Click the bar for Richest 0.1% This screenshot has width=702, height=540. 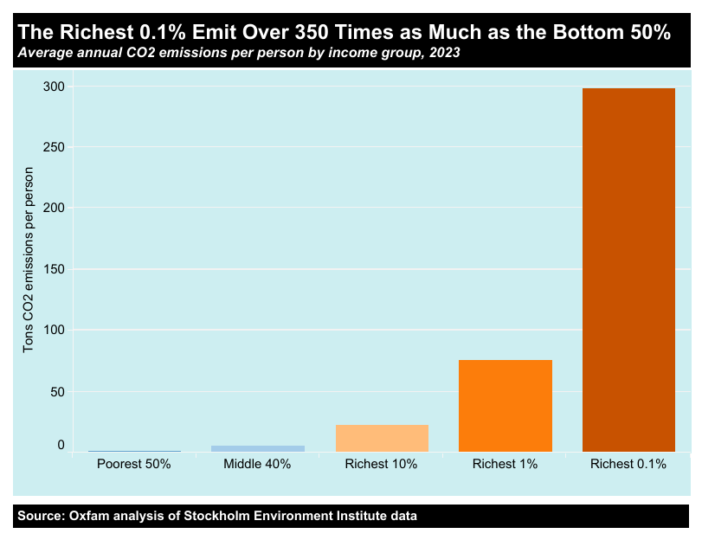click(x=628, y=269)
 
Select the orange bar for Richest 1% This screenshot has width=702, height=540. click(x=505, y=405)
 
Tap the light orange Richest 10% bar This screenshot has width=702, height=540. click(x=382, y=438)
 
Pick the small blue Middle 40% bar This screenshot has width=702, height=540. click(x=258, y=448)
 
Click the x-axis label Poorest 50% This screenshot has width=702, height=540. click(x=134, y=464)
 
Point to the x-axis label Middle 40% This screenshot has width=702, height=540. click(x=258, y=464)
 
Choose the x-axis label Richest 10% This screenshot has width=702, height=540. click(x=382, y=464)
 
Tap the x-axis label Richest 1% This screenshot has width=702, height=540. click(x=505, y=464)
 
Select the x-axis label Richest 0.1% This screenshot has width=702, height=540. click(x=628, y=464)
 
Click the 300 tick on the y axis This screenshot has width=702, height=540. click(x=54, y=86)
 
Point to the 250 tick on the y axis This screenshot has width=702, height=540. click(x=54, y=147)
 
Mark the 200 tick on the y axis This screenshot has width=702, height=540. click(x=54, y=208)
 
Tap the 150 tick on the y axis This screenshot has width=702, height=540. click(x=54, y=269)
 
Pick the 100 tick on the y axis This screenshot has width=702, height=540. click(x=54, y=330)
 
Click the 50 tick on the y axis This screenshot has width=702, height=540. click(x=57, y=391)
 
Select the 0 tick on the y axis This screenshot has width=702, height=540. click(x=61, y=445)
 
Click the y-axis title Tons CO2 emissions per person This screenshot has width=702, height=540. click(x=29, y=259)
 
